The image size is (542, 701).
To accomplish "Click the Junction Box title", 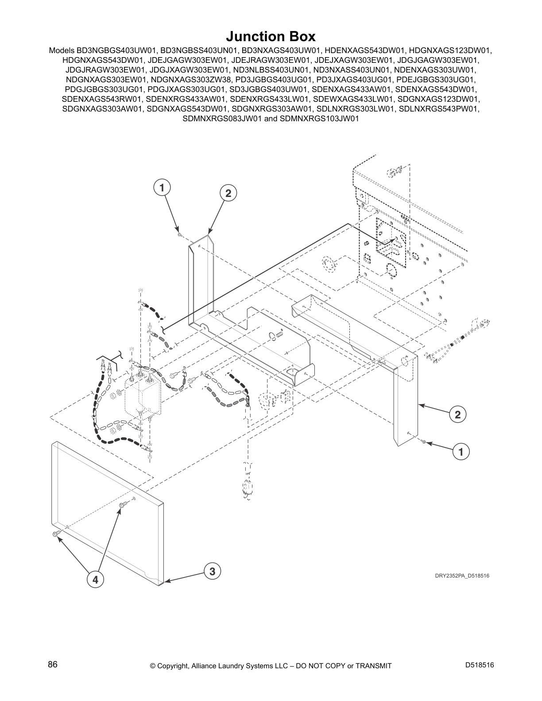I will tap(271, 36).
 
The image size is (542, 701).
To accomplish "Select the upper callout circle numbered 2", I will tap(228, 193).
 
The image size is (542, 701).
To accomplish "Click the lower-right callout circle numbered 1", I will tap(461, 452).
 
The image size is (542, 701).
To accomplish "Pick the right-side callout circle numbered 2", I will tap(457, 415).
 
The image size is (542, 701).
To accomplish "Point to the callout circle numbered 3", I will tap(213, 571).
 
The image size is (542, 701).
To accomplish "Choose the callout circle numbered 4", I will tap(95, 579).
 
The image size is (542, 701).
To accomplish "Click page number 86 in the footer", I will tap(53, 665).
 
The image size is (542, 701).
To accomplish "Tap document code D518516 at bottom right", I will tap(480, 665).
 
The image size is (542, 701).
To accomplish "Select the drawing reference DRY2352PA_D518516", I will tap(462, 576).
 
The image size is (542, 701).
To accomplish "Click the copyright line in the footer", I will tap(271, 666).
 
